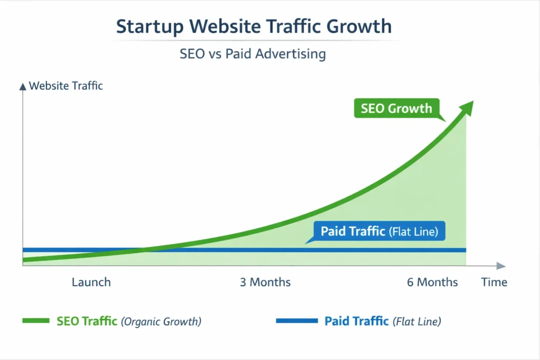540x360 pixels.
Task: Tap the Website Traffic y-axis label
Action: click(66, 86)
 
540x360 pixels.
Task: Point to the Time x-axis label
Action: click(494, 282)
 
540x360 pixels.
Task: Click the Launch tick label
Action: click(91, 282)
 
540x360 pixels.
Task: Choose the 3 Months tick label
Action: click(265, 282)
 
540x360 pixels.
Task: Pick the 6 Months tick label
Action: click(432, 282)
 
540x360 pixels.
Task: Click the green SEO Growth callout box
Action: click(396, 109)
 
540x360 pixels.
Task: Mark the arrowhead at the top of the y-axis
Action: click(22, 85)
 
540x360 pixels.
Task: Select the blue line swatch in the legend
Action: click(297, 321)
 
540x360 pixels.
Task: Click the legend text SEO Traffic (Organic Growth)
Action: click(129, 321)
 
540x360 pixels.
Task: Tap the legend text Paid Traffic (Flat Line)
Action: click(382, 321)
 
